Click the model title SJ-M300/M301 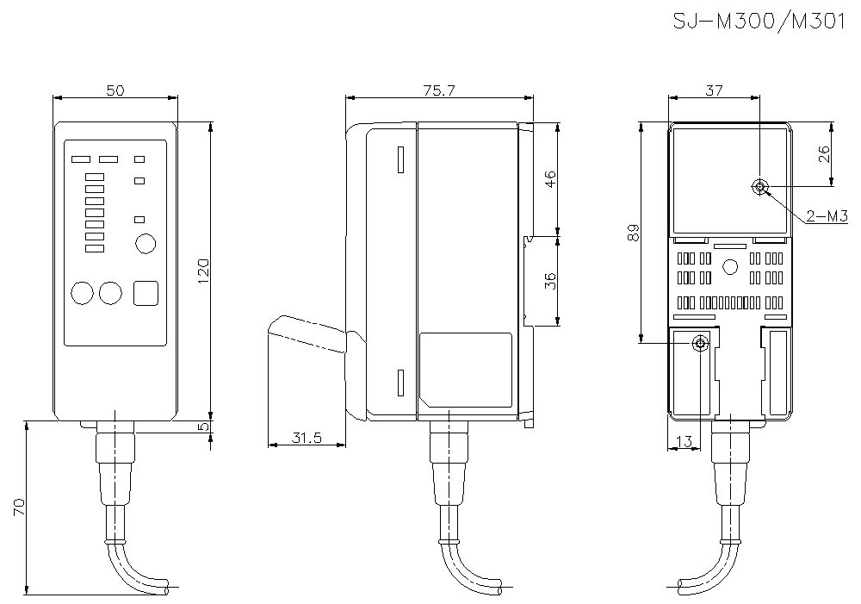pos(759,22)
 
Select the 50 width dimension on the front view pos(115,90)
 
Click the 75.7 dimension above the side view pos(439,90)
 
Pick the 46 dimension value pos(551,178)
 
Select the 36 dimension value pos(551,280)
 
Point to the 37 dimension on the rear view pos(714,90)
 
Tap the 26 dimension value pos(824,153)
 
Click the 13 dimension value pos(685,441)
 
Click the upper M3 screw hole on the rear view pos(759,187)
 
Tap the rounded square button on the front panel pos(147,293)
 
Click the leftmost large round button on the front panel pos(82,293)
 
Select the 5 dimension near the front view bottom pos(204,427)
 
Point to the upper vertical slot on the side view pos(400,160)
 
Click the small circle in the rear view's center pos(730,267)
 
